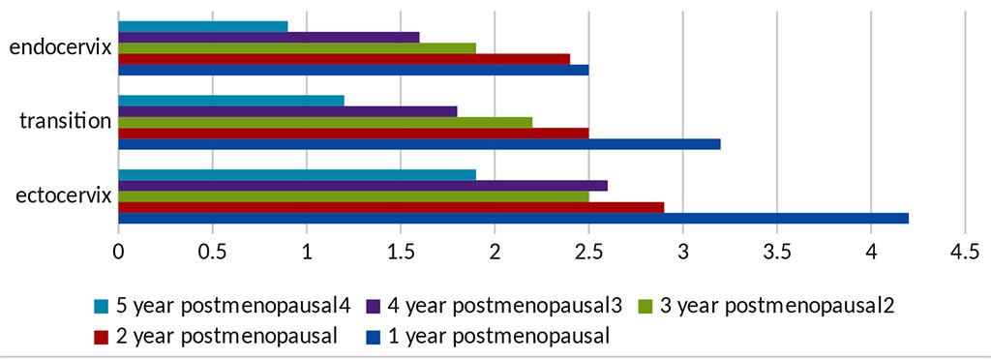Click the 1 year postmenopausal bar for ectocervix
[x=513, y=218]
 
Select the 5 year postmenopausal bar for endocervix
[x=203, y=26]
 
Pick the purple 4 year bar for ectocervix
[x=363, y=186]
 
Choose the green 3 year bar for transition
[x=325, y=122]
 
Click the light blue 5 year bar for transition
[x=231, y=101]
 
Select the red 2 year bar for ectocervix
[x=391, y=207]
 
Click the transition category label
[x=65, y=122]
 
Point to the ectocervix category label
[x=60, y=196]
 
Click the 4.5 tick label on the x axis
[x=964, y=252]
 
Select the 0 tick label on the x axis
[x=118, y=252]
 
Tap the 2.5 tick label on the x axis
[x=588, y=252]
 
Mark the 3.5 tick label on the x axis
[x=776, y=252]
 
